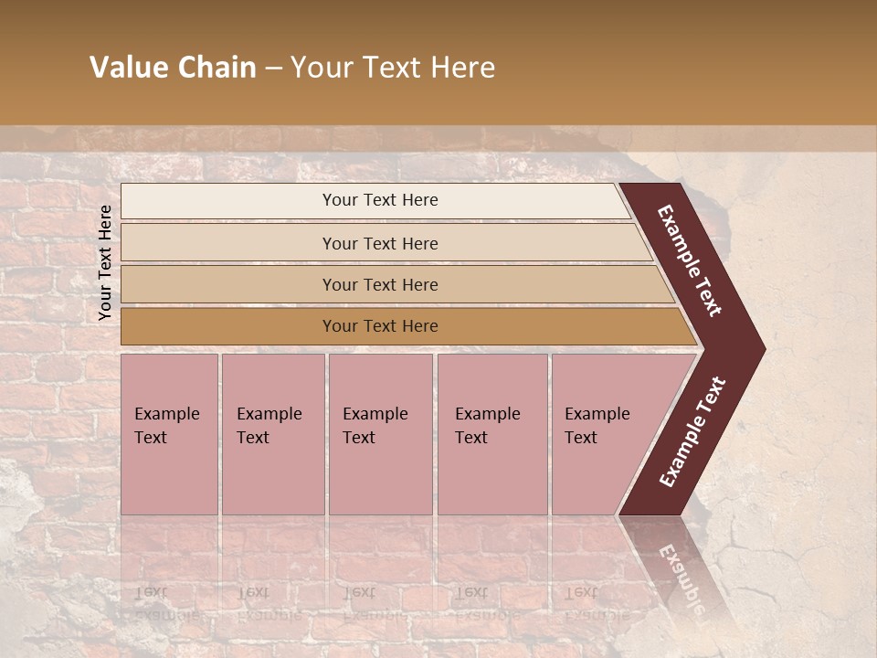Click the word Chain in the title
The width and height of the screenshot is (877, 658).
217,68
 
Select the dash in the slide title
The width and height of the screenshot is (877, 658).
273,69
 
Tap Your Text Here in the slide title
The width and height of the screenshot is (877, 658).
393,68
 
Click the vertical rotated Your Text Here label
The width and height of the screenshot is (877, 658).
105,262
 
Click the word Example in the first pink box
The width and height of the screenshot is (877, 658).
166,414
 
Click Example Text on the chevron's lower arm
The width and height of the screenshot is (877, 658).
692,432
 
